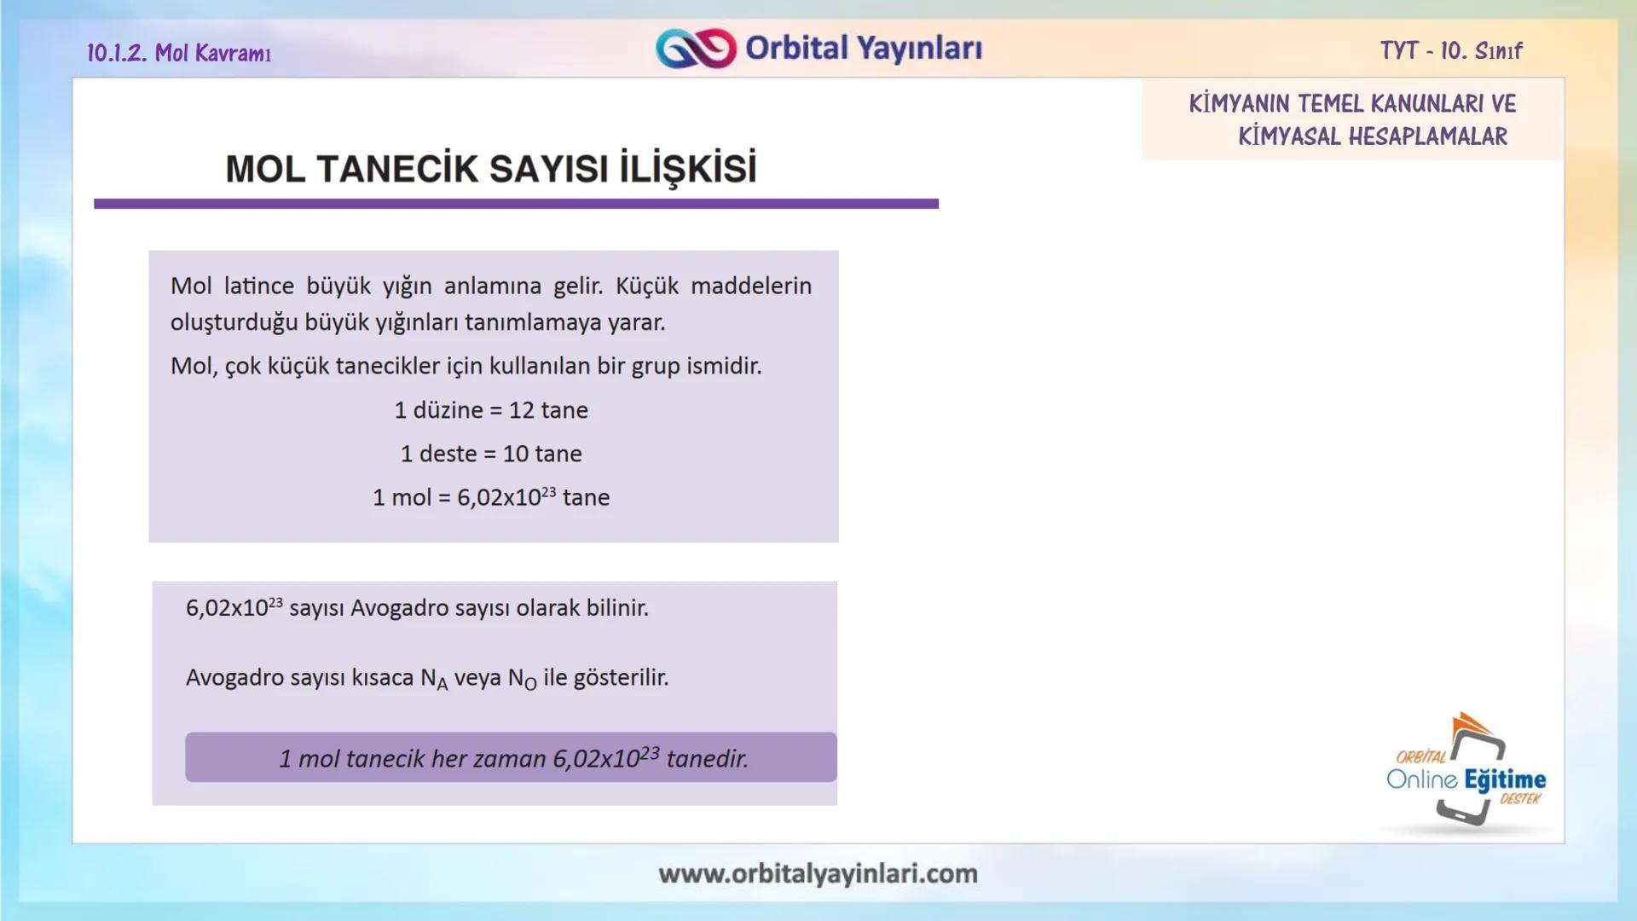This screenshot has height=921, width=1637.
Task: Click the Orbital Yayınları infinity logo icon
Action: pos(696,49)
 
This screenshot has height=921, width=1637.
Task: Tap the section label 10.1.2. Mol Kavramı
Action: pos(179,53)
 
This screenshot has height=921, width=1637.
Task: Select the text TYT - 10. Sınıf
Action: pos(1451,51)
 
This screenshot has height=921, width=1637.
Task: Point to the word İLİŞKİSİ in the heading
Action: pos(687,169)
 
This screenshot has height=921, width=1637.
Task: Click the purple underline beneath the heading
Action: pos(516,204)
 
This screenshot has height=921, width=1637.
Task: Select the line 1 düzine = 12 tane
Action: pos(491,410)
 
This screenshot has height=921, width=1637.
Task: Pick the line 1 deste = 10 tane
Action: pos(491,454)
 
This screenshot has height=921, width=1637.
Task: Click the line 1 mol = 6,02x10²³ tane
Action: pos(491,497)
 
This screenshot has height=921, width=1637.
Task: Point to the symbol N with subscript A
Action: pos(433,679)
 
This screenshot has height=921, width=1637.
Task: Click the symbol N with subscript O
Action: pos(522,679)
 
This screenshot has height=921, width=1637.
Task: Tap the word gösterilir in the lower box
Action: pos(621,678)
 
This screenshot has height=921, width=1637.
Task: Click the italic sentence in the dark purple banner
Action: pos(513,758)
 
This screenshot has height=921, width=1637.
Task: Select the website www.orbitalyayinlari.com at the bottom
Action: pos(818,873)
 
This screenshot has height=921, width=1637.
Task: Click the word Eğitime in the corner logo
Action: pos(1505,779)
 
